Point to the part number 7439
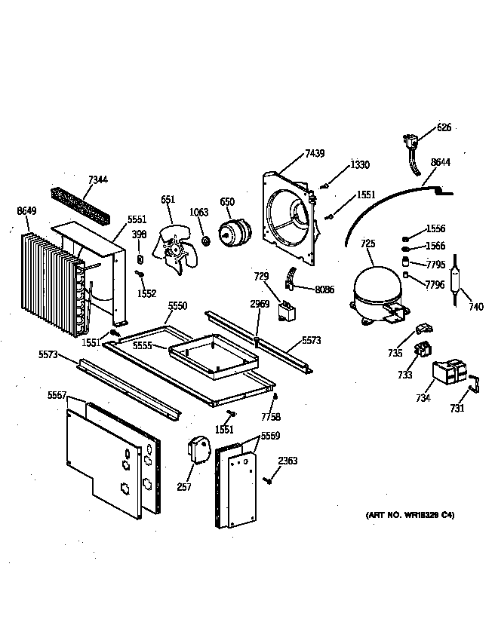coord(315,154)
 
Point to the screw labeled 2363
coord(268,480)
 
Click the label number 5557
coord(57,395)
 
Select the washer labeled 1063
coord(204,241)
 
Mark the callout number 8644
coord(441,161)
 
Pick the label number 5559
coord(270,436)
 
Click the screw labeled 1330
coord(324,185)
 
